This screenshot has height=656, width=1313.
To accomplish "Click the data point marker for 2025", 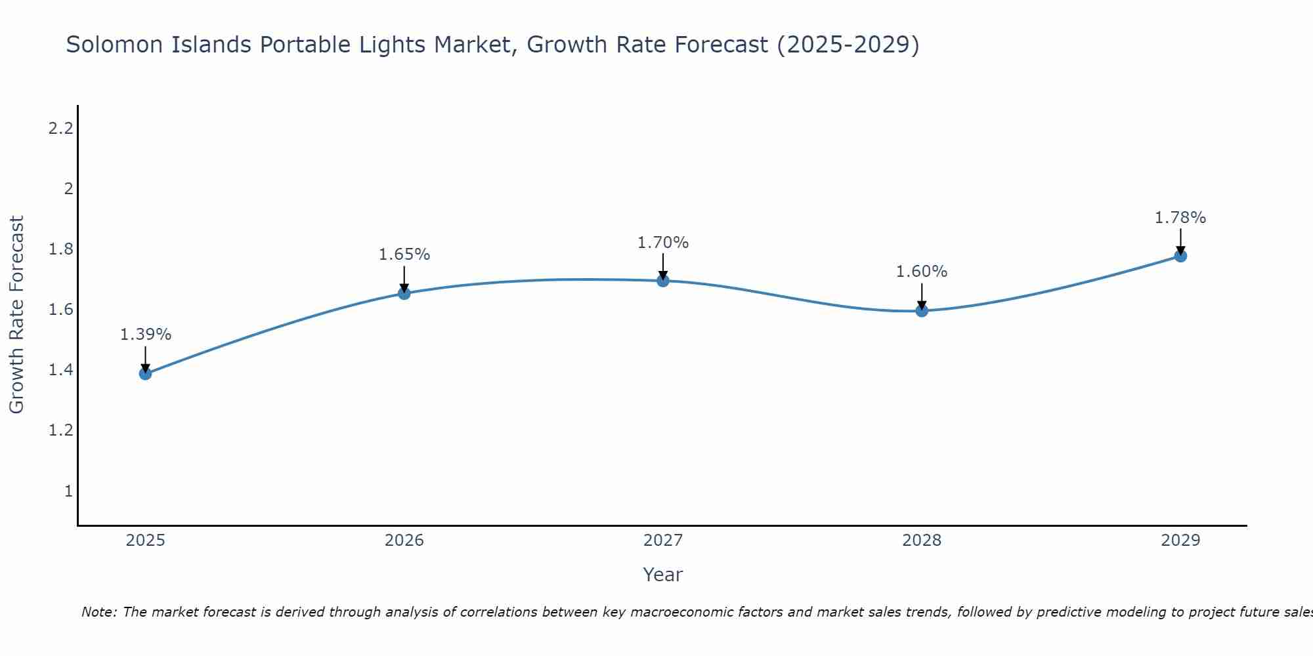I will [145, 374].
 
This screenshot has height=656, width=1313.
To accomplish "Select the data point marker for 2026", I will [404, 293].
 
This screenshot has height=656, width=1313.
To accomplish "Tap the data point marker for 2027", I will [663, 281].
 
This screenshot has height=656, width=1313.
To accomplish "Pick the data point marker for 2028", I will [922, 311].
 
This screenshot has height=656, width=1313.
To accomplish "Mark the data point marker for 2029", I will [1180, 256].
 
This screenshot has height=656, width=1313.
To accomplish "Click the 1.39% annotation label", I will [145, 335].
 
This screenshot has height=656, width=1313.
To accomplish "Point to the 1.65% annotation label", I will [404, 255].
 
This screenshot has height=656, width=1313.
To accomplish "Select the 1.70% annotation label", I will [663, 243].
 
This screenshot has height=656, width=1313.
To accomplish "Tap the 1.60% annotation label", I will [922, 272].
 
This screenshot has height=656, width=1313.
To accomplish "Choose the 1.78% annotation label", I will [1180, 218].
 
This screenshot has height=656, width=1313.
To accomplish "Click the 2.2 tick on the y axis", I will [60, 129].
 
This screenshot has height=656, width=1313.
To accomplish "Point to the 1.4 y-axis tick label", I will [60, 371].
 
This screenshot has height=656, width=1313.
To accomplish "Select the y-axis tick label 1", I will [68, 491].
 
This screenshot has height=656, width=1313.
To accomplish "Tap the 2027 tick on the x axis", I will [663, 541].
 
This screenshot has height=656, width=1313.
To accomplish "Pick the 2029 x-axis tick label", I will [1180, 541].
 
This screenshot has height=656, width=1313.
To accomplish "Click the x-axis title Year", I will [663, 575].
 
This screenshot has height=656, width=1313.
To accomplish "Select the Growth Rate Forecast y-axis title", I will [17, 315].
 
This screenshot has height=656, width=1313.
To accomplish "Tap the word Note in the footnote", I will [98, 612].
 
